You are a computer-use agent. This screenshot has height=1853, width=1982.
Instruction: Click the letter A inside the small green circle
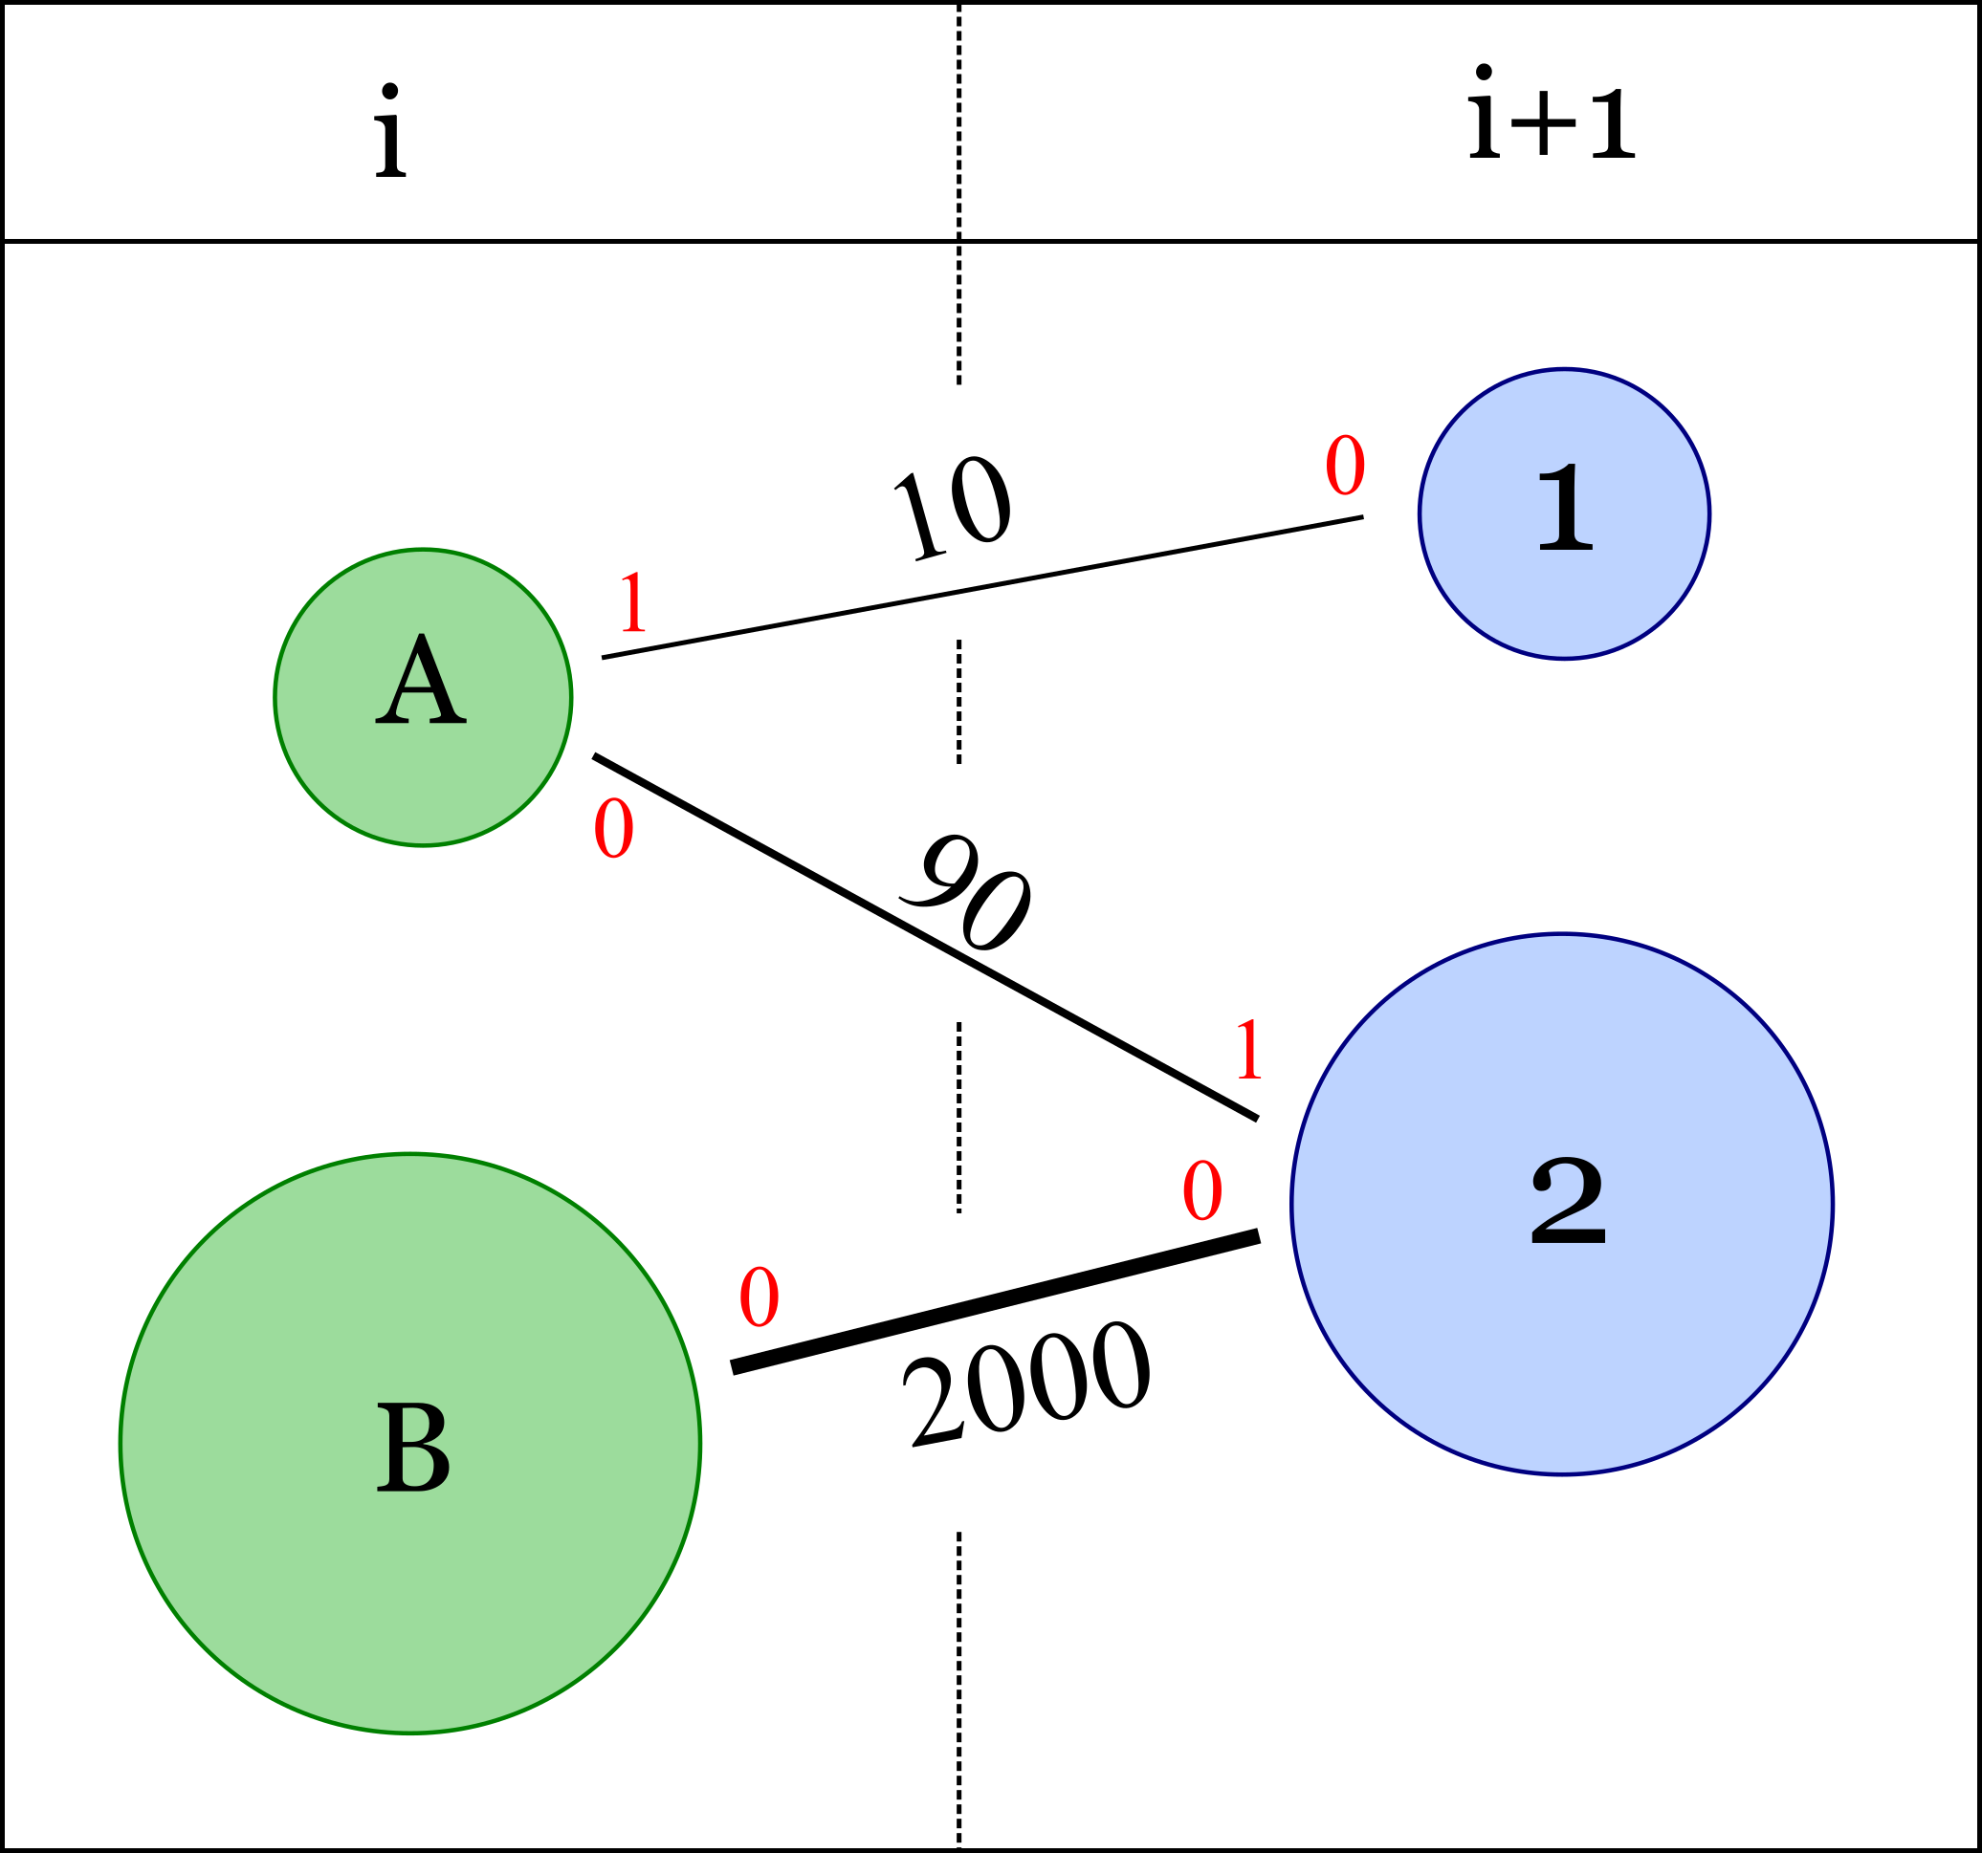click(421, 680)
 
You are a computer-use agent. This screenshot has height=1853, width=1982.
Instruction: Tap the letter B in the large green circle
click(412, 1448)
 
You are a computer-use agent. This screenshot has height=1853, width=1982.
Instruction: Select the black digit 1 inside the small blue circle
click(1565, 508)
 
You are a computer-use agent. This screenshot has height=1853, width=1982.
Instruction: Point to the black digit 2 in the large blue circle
click(1567, 1200)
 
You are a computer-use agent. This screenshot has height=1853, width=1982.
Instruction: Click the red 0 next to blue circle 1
click(1345, 466)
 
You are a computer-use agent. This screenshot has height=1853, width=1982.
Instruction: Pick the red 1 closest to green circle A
click(633, 604)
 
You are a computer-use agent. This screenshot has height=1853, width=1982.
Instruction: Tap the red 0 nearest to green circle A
click(613, 828)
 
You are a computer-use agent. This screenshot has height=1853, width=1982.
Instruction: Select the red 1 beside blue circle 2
click(1249, 1051)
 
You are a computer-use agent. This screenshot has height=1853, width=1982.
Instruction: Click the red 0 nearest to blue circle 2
click(1201, 1191)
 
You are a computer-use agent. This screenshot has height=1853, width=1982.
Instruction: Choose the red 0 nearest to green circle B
click(759, 1297)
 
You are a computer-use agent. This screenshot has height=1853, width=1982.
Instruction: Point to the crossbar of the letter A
click(421, 694)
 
